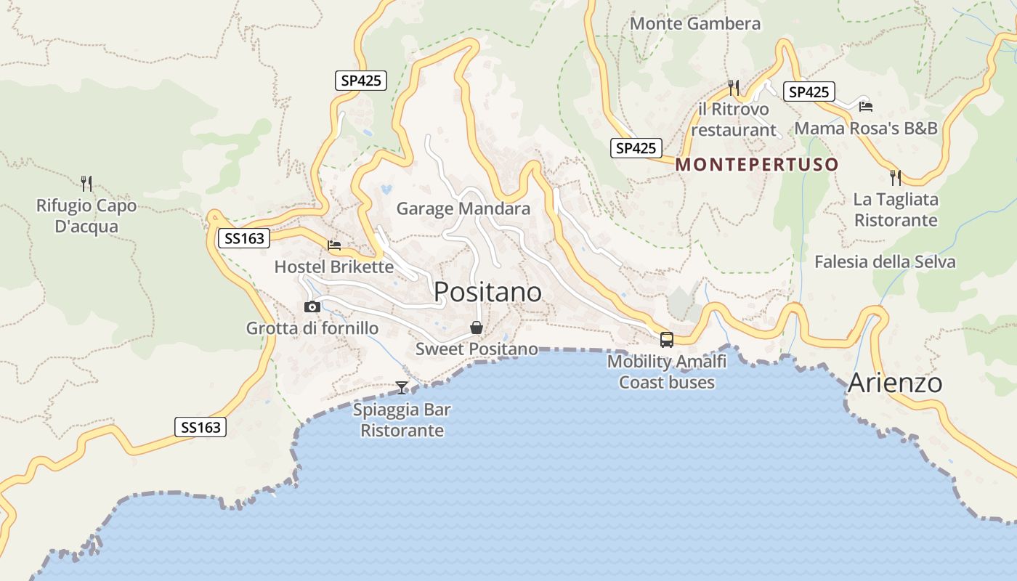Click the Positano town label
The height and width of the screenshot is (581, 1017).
tap(487, 292)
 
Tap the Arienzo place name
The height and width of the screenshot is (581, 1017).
tap(895, 383)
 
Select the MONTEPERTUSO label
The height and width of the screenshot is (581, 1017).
tap(757, 164)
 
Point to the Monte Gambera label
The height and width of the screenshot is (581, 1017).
tap(695, 23)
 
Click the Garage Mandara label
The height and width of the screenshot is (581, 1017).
tap(463, 209)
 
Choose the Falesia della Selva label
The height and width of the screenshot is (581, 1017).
tap(885, 261)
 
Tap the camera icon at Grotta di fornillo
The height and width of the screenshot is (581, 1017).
tap(312, 306)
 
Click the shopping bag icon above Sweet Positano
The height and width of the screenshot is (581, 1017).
tap(477, 328)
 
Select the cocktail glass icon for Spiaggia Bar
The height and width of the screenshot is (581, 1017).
tap(402, 388)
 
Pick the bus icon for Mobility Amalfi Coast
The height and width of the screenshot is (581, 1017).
tap(666, 339)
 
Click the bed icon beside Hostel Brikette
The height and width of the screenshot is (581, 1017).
tap(334, 245)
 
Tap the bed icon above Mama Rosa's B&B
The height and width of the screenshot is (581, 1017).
tap(865, 106)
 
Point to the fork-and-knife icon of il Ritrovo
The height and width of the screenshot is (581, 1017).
tap(733, 88)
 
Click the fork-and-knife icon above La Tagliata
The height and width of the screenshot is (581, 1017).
tap(896, 177)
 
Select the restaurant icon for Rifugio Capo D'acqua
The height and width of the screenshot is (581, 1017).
tap(86, 183)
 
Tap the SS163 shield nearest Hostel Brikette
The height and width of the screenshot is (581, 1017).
tap(244, 237)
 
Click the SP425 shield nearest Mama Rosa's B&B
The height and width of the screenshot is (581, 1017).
tap(809, 92)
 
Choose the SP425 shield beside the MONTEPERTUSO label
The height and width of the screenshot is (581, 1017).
tap(636, 148)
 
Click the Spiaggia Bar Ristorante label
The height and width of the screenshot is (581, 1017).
tap(402, 420)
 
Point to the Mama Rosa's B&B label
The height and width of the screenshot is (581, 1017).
tap(866, 129)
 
